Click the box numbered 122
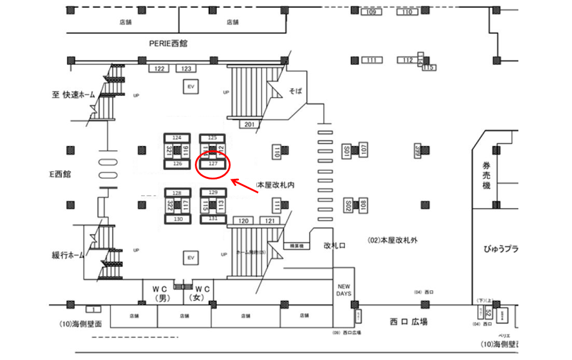click(x=159, y=69)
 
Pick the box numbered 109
click(x=371, y=13)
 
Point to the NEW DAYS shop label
click(x=344, y=290)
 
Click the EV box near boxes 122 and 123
click(x=191, y=87)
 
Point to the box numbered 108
click(x=363, y=206)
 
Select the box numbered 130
click(x=178, y=219)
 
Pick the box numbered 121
click(x=269, y=221)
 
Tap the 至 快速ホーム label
click(x=74, y=94)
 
